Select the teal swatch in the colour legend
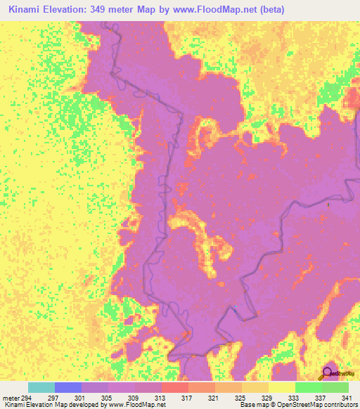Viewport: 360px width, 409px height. [x=41, y=387]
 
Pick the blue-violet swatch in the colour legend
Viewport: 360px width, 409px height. [x=68, y=387]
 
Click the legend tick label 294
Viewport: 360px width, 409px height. [x=28, y=397]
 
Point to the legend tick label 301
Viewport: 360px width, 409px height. [x=82, y=397]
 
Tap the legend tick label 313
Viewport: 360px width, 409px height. [x=162, y=397]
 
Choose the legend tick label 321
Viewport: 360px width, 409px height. [x=215, y=397]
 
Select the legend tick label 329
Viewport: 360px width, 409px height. [x=269, y=397]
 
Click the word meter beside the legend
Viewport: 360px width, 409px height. [x=11, y=397]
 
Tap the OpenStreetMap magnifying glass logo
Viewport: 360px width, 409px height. [x=328, y=375]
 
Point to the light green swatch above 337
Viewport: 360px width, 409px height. [x=308, y=387]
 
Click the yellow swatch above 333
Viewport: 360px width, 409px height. [x=281, y=387]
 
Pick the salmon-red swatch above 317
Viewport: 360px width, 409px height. [x=174, y=387]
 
